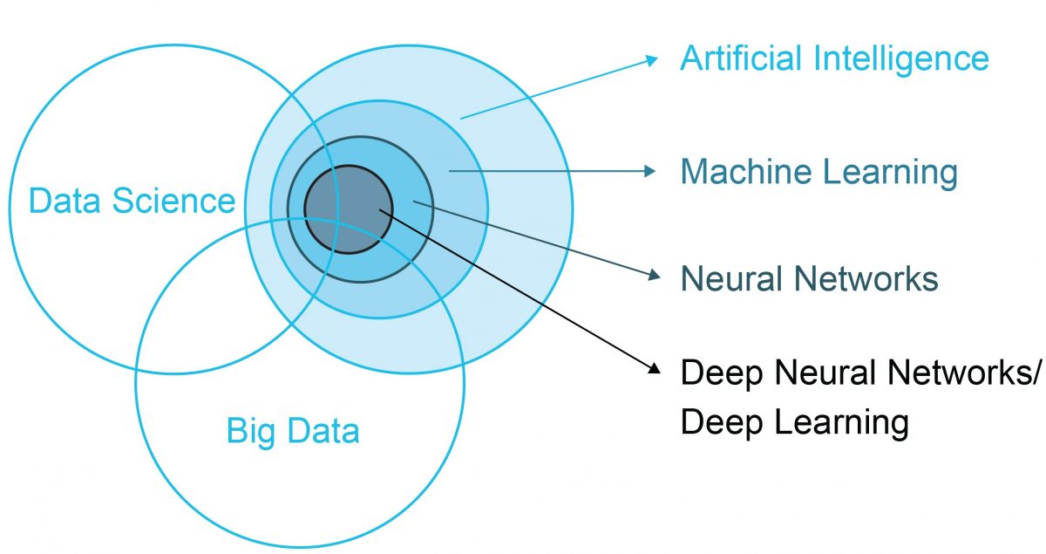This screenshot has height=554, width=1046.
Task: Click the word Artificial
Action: click(x=741, y=58)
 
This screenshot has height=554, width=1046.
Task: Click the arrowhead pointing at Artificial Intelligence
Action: click(x=651, y=60)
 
